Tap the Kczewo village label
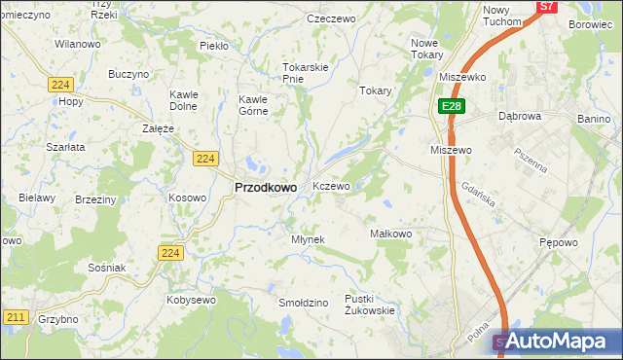tap(331, 186)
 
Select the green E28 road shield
tap(449, 106)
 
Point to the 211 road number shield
tap(15, 317)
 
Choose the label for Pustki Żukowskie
tap(369, 305)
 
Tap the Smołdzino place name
tap(303, 303)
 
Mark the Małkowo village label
tap(392, 234)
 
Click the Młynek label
tap(308, 239)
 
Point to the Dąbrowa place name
tap(519, 116)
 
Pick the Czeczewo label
tap(329, 18)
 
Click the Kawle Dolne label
tap(184, 99)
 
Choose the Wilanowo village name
tap(78, 45)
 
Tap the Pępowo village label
tap(559, 241)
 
